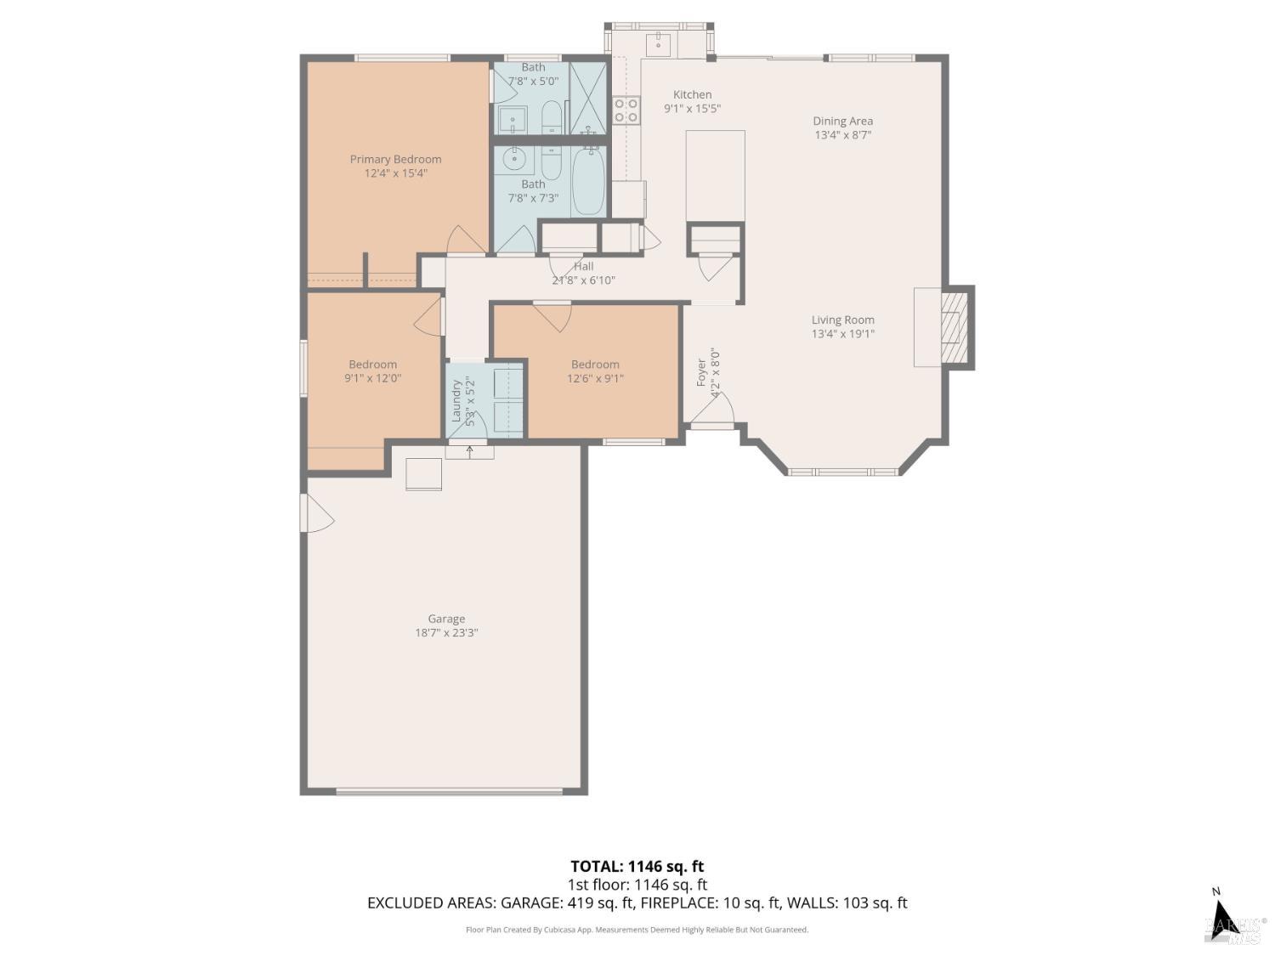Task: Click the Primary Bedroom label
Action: coord(395,159)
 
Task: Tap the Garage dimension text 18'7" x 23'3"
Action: coord(446,633)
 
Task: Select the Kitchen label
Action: coord(692,94)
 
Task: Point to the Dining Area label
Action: coord(842,121)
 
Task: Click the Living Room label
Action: coord(842,320)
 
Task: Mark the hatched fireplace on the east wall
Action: coord(955,327)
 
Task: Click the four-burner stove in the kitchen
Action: coord(626,110)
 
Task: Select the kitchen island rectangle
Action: coord(715,176)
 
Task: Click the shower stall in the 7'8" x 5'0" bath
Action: coord(588,98)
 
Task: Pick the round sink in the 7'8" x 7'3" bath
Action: coord(514,158)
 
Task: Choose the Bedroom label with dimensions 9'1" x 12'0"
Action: coord(372,365)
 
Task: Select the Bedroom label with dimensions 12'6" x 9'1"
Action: coord(595,365)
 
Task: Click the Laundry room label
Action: coord(456,400)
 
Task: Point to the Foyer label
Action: coord(701,372)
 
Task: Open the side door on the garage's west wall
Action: coord(316,513)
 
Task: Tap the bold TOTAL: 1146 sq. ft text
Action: coord(637,867)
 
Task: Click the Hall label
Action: coord(583,266)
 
